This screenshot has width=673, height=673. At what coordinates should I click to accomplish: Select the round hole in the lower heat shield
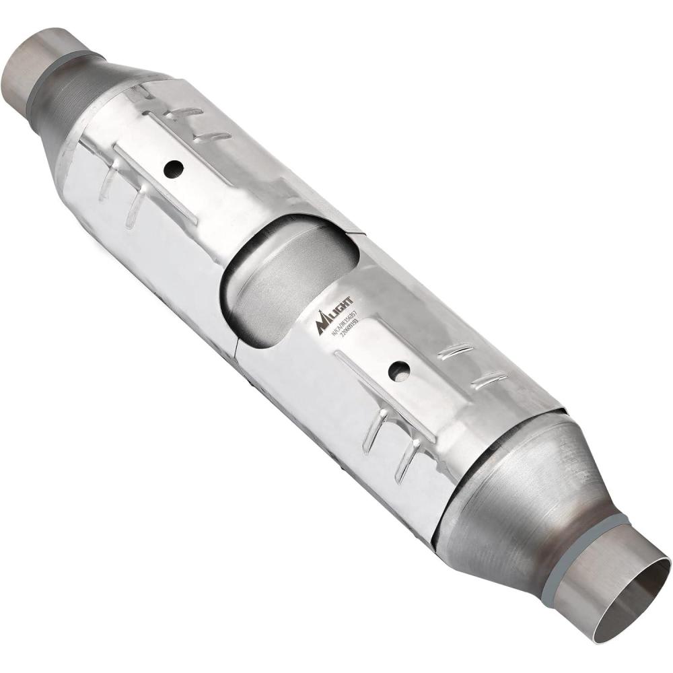point(400,369)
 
